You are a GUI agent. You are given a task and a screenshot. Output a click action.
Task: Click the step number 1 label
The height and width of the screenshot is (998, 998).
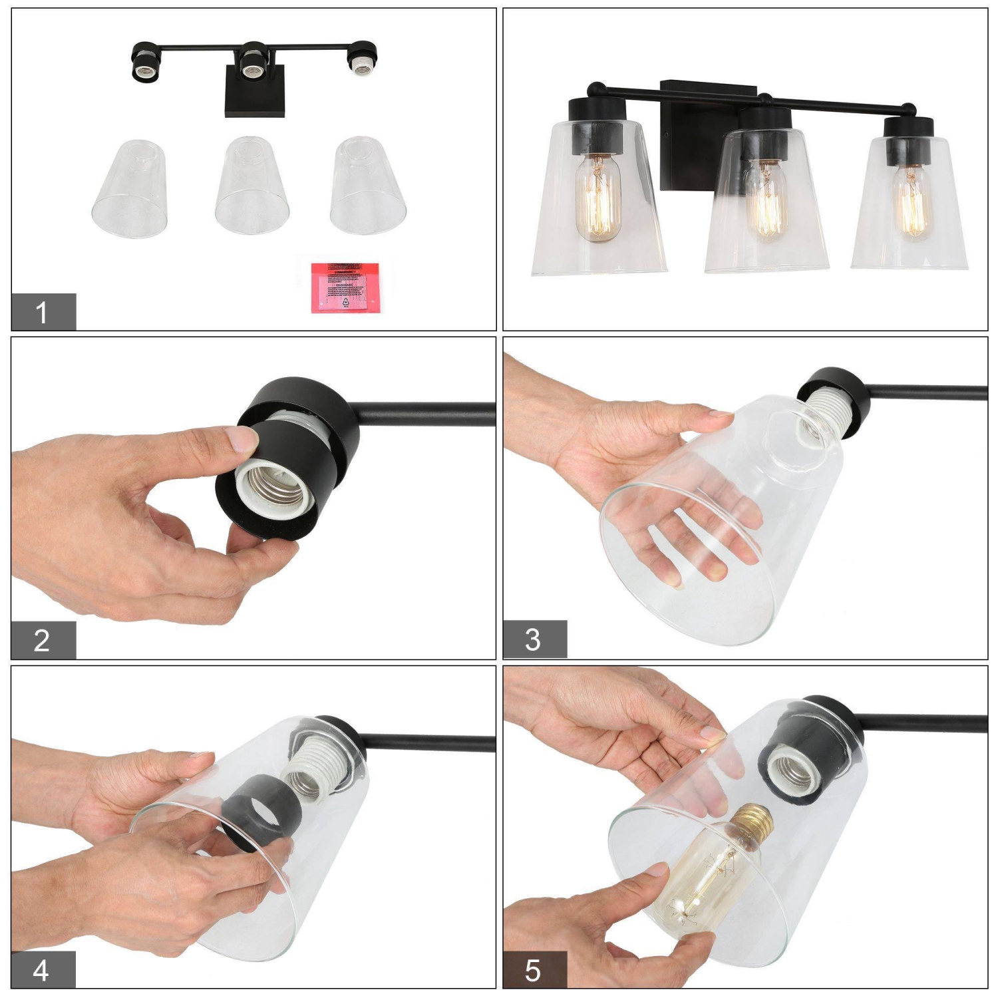point(43,311)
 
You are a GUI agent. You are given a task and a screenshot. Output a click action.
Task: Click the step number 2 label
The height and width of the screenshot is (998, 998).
point(43,640)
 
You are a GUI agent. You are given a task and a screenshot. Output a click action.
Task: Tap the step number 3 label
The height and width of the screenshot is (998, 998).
point(534,639)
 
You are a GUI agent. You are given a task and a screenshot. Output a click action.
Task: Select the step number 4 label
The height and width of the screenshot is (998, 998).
point(41,970)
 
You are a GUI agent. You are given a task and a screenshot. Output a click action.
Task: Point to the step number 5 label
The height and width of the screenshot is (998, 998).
point(534,970)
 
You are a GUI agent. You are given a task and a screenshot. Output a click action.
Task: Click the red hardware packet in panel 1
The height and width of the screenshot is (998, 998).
point(345,287)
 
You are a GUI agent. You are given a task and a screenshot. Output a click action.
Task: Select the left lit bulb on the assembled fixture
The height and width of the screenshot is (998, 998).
point(598,198)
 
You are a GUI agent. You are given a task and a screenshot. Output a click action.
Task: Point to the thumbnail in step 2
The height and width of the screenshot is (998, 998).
point(240,440)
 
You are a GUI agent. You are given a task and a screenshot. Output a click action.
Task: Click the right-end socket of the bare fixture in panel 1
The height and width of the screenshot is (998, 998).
point(360,60)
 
